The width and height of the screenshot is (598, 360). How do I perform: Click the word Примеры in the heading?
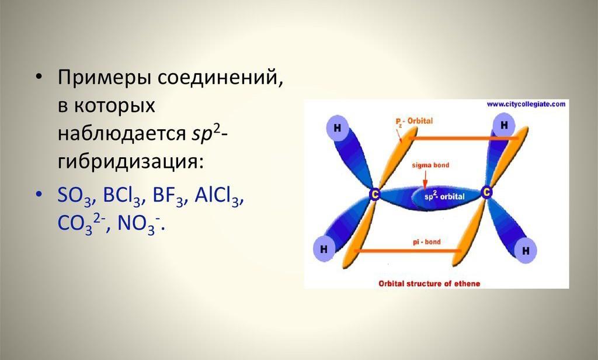point(105,78)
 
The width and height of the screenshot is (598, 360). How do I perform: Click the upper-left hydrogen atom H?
point(337,128)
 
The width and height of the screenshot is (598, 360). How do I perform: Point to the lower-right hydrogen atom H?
point(526,251)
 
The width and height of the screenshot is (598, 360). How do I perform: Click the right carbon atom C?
point(486,192)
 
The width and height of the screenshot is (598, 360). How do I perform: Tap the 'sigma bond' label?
point(430,165)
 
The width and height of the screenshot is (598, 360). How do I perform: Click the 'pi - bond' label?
point(426,242)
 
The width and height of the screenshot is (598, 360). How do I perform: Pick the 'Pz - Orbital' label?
point(414,122)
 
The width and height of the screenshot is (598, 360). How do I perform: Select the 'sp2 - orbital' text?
point(444,196)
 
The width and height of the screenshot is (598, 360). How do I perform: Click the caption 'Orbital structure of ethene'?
point(429,283)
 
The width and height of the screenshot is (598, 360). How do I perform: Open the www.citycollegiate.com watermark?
point(526,104)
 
